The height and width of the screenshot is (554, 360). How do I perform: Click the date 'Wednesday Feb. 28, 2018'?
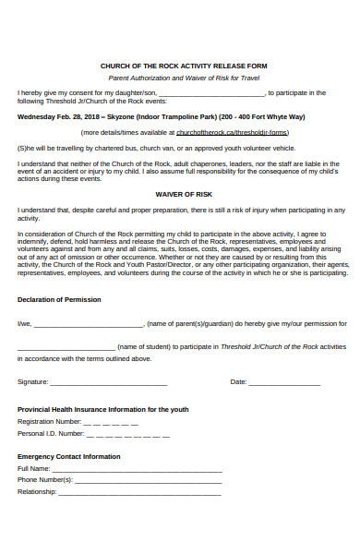coord(56,117)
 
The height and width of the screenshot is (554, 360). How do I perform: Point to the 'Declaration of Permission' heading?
coord(59,300)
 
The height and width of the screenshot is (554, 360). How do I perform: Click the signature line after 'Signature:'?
coord(108,382)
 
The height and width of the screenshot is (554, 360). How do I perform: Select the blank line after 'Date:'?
coord(284,382)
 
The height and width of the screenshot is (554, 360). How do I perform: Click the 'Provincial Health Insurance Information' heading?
coord(103,409)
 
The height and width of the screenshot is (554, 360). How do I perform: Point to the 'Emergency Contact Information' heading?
coord(69,457)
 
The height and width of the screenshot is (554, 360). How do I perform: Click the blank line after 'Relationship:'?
coord(139,493)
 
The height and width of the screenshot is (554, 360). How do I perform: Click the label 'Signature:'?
coord(32,381)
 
